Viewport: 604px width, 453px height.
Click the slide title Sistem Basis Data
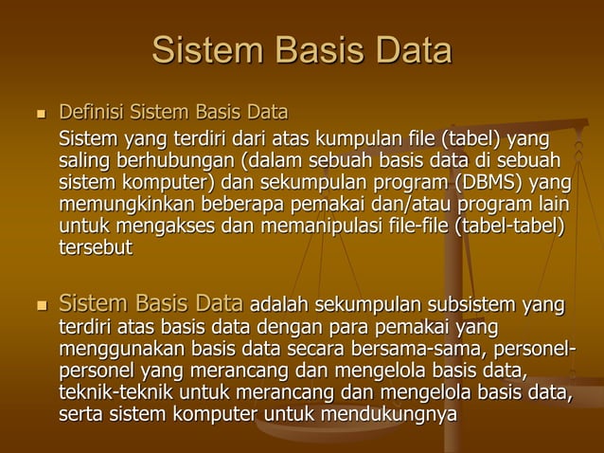click(301, 50)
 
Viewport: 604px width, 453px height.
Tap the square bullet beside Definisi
click(39, 114)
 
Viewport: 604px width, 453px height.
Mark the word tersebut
click(96, 248)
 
